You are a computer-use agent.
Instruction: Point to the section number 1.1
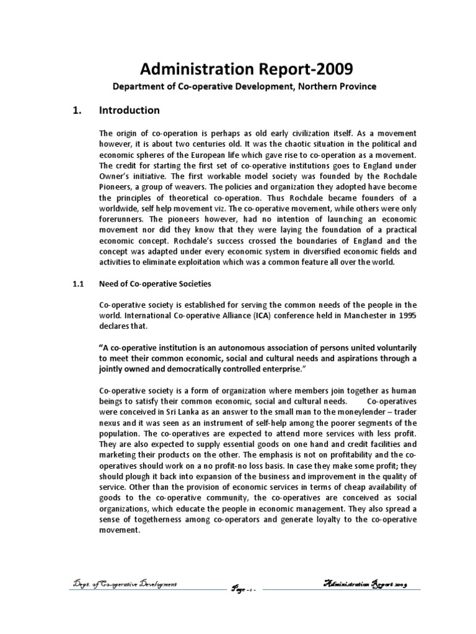tap(75, 284)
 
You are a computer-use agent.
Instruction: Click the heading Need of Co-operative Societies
tap(155, 284)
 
